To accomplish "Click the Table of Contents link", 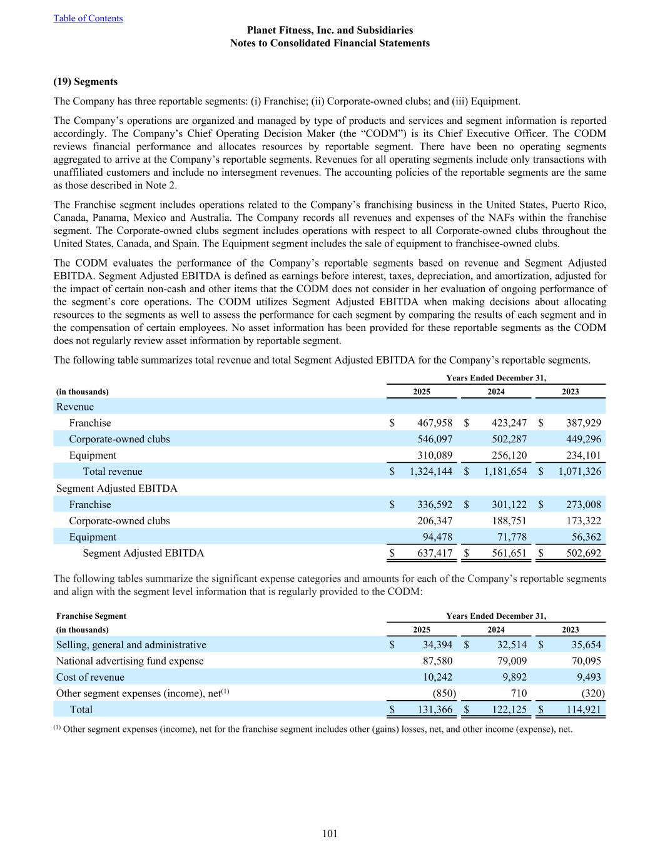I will (x=88, y=18).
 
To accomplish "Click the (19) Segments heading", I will (x=86, y=82).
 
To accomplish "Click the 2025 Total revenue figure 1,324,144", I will (x=430, y=472).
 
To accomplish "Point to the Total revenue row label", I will (x=113, y=472).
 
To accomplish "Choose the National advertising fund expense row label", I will (x=129, y=661).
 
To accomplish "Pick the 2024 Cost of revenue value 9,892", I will (x=512, y=677).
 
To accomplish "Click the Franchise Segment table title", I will (x=91, y=616).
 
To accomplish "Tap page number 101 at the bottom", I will (x=330, y=833).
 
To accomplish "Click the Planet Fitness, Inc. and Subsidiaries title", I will (x=330, y=30).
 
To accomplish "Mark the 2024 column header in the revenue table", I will (x=496, y=392).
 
